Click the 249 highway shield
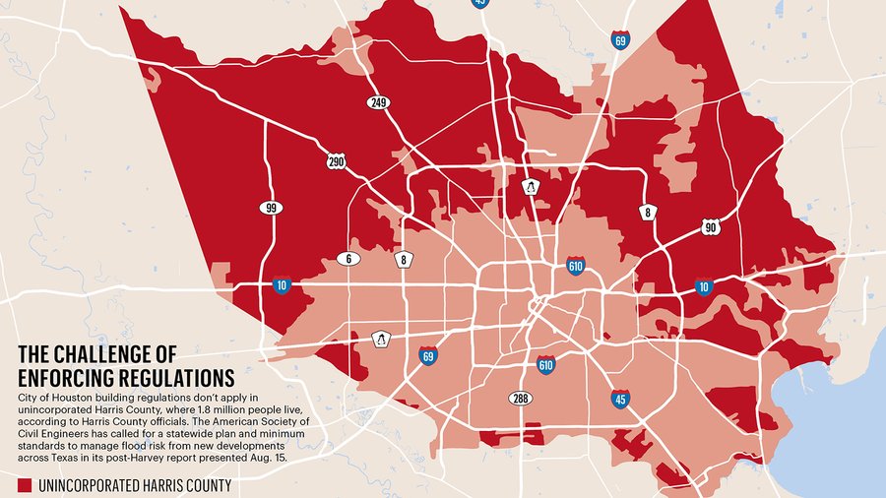[378, 102]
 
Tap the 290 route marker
[337, 161]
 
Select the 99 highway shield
[270, 208]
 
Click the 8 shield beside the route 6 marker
[405, 259]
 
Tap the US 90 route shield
[711, 227]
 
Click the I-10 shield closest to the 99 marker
[282, 285]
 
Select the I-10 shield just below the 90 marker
[702, 286]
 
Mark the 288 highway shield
[520, 399]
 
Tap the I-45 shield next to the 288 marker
[620, 399]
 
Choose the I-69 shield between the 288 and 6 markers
[427, 355]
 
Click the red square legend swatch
[27, 485]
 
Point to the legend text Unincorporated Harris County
[137, 485]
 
